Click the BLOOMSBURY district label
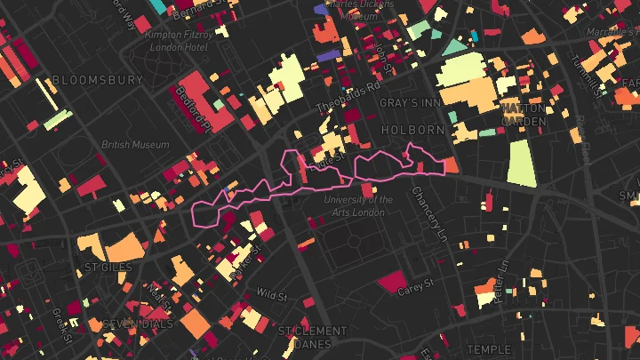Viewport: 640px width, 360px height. click(98, 80)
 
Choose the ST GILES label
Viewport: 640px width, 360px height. click(108, 267)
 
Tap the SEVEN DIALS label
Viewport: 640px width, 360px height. click(137, 324)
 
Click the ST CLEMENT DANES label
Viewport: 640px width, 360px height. click(312, 338)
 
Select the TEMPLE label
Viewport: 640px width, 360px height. click(489, 349)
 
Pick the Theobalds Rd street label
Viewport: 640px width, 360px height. click(348, 98)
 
